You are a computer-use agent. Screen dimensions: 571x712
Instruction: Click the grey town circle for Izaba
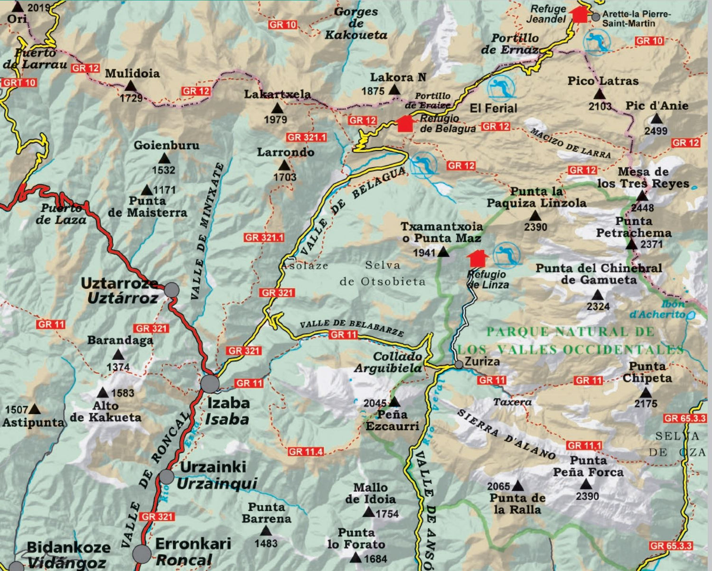[x=210, y=383]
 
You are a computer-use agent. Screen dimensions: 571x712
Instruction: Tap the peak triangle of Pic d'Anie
[x=656, y=119]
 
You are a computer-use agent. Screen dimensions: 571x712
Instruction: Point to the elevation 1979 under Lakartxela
[x=275, y=120]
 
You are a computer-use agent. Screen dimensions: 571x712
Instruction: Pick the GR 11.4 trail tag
[x=306, y=451]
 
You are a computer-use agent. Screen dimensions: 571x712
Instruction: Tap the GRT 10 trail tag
[x=19, y=83]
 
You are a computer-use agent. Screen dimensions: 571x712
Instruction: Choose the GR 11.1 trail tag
[x=584, y=445]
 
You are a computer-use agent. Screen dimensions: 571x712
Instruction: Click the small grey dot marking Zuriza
[x=459, y=365]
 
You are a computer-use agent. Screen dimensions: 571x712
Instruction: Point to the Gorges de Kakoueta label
[x=356, y=23]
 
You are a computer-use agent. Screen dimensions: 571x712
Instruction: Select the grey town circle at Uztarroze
[x=171, y=290]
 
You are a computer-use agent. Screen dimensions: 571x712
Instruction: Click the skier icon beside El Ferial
[x=501, y=87]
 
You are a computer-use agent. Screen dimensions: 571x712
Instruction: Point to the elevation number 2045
[x=375, y=403]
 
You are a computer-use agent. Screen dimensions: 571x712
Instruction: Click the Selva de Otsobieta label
[x=383, y=273]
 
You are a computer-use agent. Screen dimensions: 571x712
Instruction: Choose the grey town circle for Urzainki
[x=166, y=476]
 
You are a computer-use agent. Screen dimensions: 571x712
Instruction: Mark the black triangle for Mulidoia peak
[x=130, y=86]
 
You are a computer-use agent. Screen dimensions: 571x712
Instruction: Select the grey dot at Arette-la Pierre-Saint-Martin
[x=596, y=17]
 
